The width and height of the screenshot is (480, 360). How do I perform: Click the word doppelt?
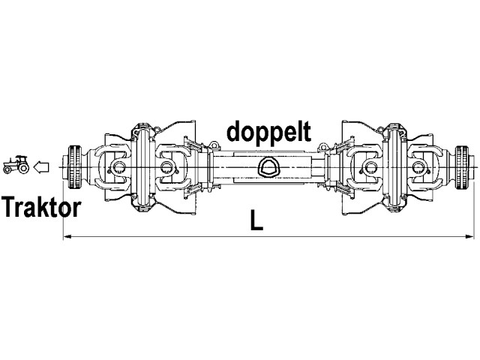[268, 132]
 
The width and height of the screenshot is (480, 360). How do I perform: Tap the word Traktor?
[41, 207]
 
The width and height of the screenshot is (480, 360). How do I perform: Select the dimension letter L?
[256, 220]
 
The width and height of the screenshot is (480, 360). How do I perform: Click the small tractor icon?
[16, 165]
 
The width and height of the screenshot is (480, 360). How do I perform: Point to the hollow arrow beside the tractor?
[41, 167]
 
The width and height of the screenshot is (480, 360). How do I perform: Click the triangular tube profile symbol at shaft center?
[268, 167]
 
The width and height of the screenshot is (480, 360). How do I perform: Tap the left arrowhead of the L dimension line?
[67, 236]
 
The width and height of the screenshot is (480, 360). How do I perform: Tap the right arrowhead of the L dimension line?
[470, 236]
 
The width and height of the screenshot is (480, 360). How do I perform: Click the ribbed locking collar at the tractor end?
[74, 167]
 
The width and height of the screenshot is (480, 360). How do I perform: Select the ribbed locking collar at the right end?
[462, 167]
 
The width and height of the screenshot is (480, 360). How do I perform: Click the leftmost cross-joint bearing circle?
[118, 167]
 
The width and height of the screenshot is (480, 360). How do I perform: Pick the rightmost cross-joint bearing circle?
[418, 167]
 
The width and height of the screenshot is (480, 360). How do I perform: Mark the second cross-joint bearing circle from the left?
[166, 167]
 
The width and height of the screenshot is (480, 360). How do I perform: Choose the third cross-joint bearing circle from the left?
[369, 167]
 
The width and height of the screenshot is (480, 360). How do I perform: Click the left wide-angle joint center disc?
[142, 167]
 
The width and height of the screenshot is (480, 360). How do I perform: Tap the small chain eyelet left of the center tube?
[213, 145]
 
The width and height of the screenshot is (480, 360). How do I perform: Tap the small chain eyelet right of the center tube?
[322, 147]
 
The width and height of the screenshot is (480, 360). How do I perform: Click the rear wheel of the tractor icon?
[23, 167]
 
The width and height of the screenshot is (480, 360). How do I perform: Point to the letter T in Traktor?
[10, 207]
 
